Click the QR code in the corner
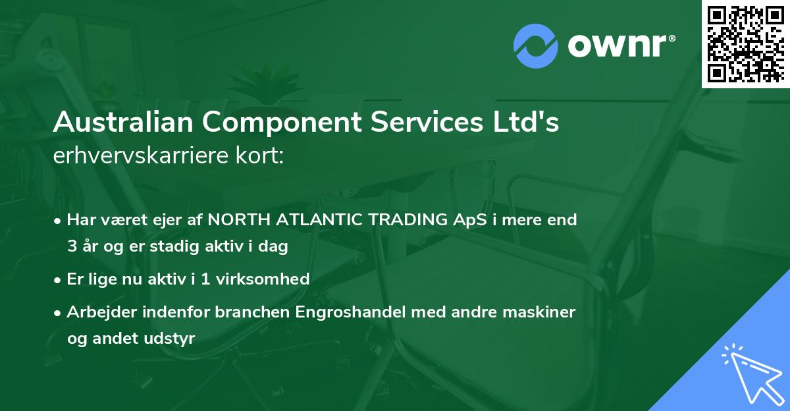746,44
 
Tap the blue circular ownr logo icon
536,45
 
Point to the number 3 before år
71,246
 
